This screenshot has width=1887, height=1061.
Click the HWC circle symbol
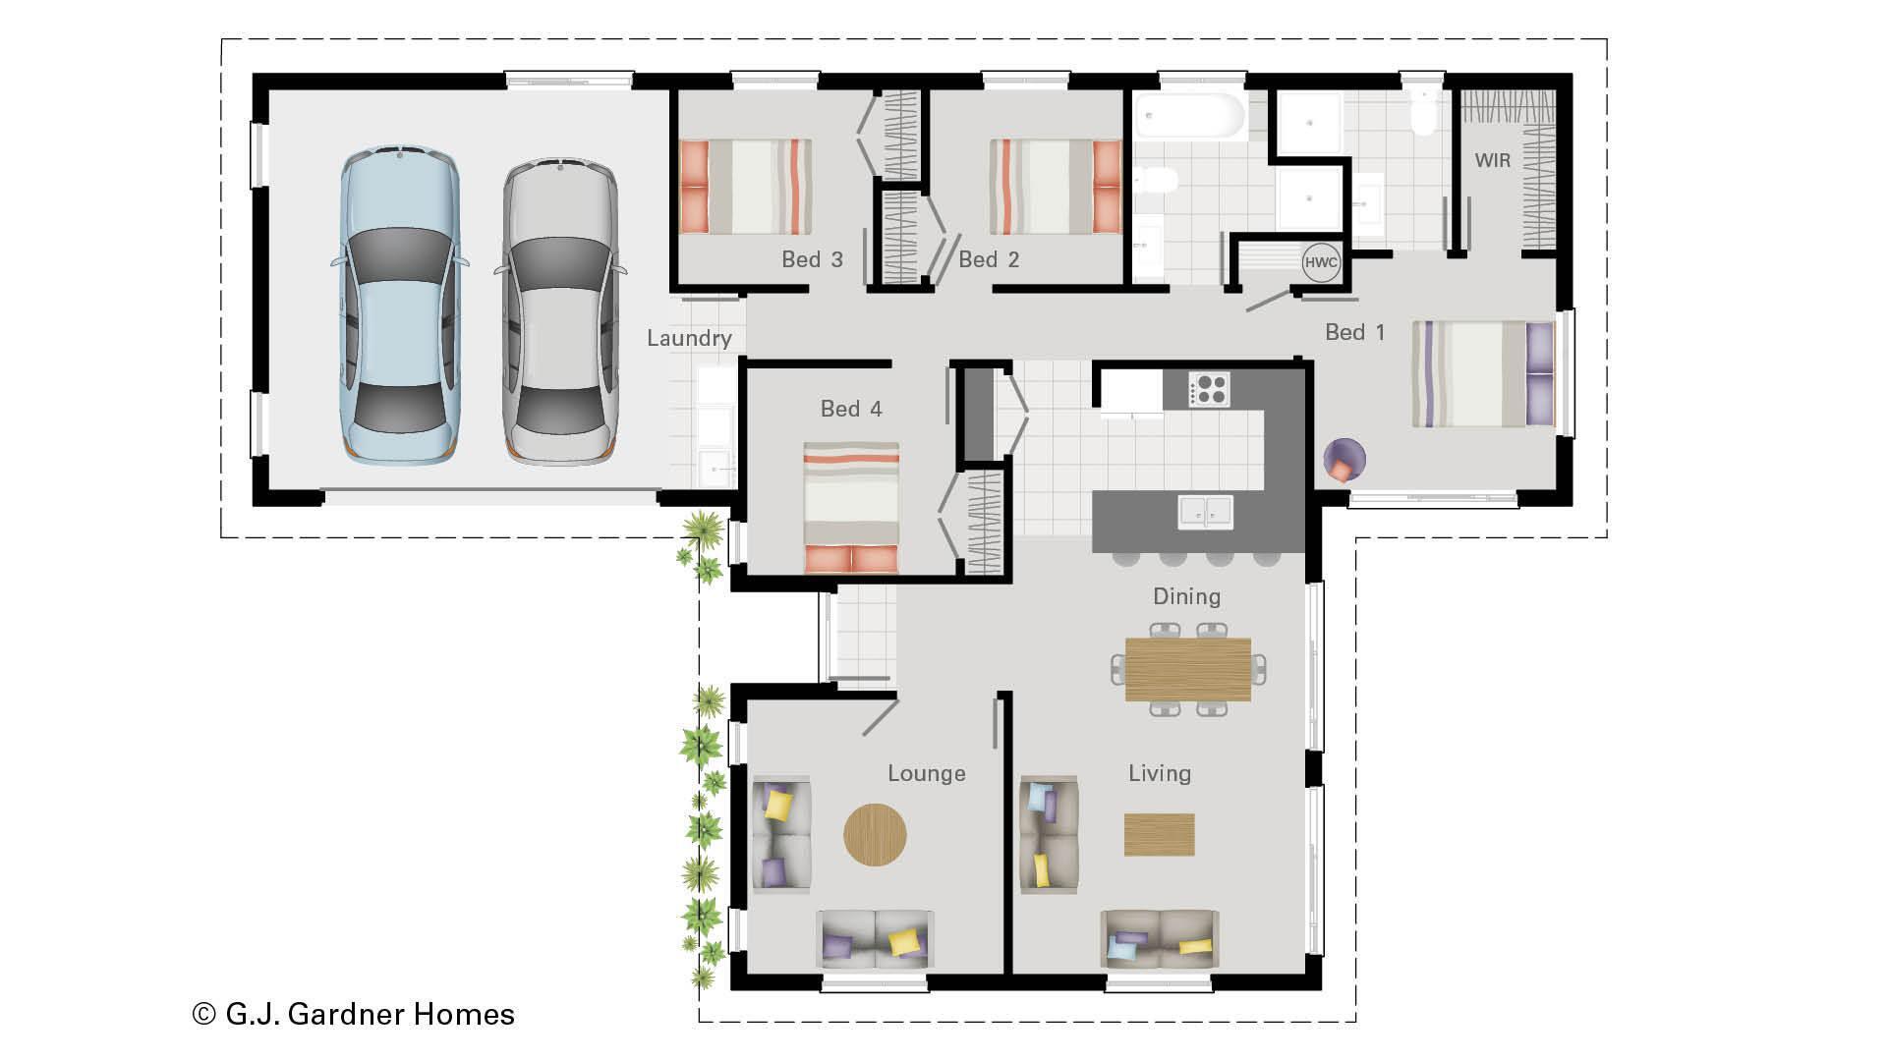click(1321, 262)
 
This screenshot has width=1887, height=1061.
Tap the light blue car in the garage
click(399, 307)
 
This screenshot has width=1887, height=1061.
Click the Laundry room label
click(689, 339)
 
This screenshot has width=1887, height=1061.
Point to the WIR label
click(1492, 160)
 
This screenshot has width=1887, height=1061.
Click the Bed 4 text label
click(851, 409)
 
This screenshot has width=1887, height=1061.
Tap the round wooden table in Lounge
click(875, 835)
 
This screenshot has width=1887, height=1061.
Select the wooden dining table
click(1187, 669)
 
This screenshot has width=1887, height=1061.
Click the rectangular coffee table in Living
click(1159, 834)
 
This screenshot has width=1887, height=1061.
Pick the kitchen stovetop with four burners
click(1209, 389)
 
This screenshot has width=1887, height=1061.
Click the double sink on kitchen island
click(1205, 512)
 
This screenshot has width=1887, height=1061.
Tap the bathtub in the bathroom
click(1190, 117)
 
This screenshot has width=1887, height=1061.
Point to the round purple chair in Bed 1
click(1343, 460)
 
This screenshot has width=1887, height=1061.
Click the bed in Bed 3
click(745, 187)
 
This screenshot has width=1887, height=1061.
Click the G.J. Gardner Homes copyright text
click(354, 1014)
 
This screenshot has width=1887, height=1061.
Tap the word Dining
click(1186, 596)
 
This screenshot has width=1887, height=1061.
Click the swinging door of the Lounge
click(880, 717)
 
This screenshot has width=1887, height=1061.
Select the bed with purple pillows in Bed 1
click(1483, 374)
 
